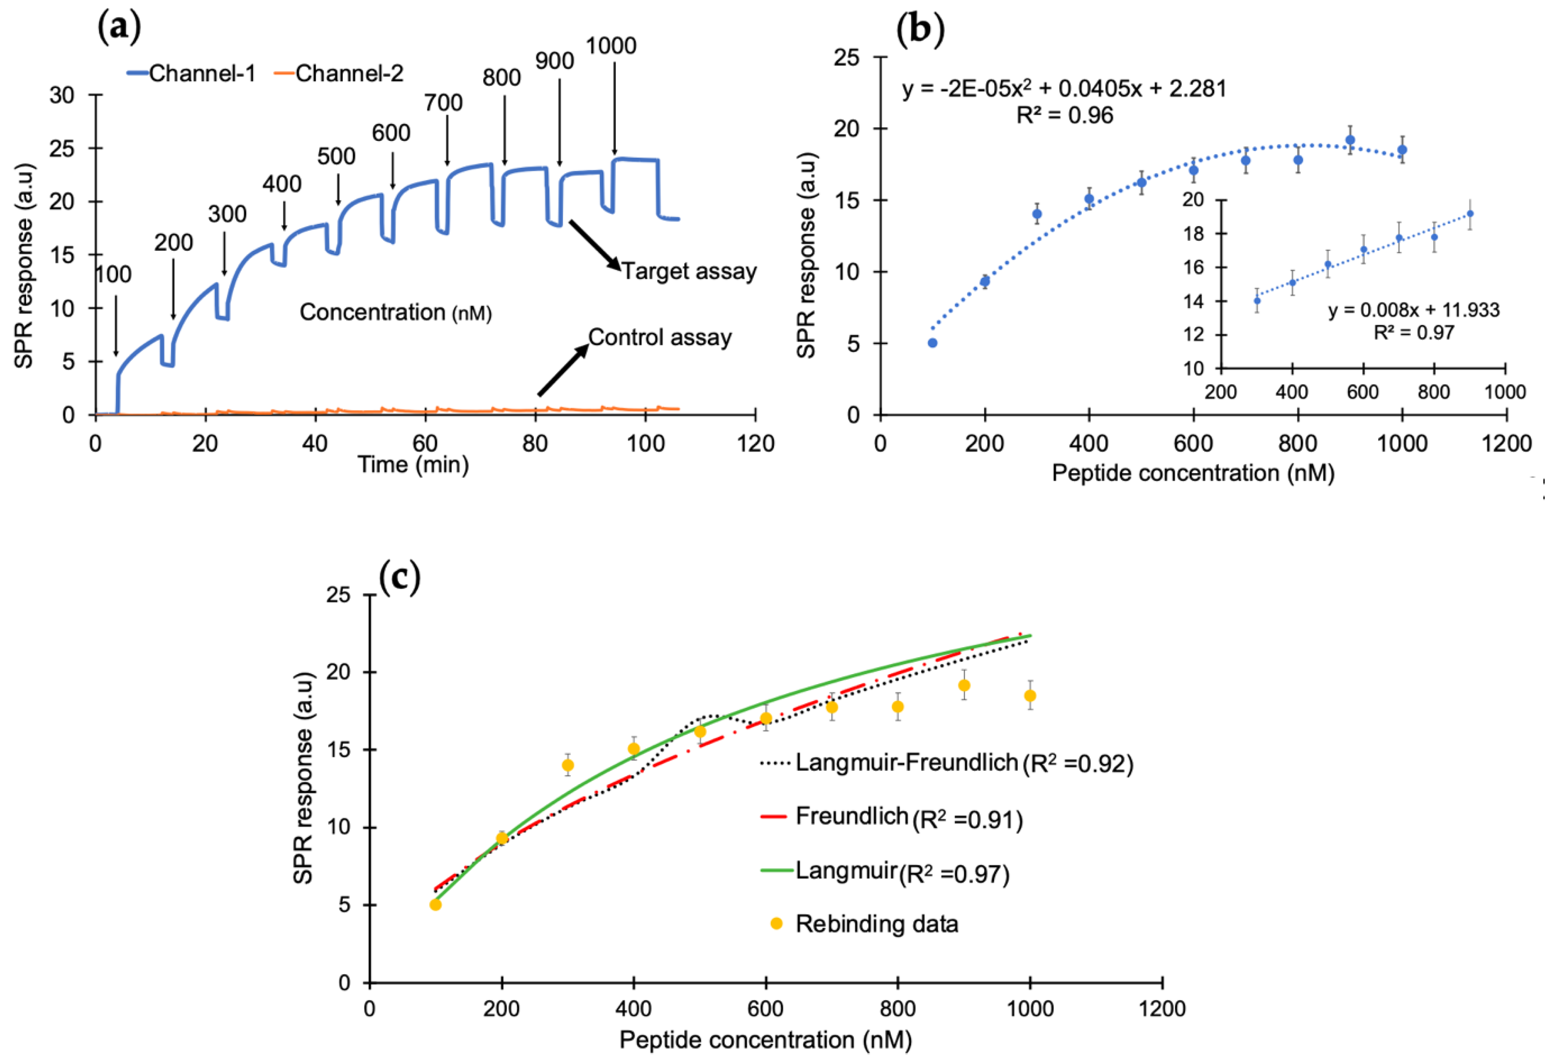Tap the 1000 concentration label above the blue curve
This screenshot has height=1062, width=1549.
(x=610, y=46)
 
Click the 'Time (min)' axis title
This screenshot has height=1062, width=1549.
(x=413, y=464)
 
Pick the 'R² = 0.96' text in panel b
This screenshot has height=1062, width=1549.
(x=1065, y=116)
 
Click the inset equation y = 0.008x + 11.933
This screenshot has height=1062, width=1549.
(x=1414, y=310)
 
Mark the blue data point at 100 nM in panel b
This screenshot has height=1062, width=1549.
(x=933, y=343)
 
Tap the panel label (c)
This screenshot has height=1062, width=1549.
(x=400, y=577)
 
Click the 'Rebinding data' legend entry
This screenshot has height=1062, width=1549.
(x=877, y=924)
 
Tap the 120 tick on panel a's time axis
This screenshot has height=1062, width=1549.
(x=755, y=444)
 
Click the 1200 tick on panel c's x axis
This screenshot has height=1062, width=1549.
(x=1162, y=1008)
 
